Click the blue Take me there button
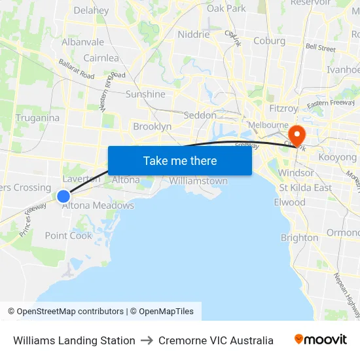coord(180,160)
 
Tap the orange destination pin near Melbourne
coord(297,135)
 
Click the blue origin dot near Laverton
coord(63,196)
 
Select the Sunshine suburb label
coord(145,94)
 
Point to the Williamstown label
coord(198,181)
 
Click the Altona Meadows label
coord(98,206)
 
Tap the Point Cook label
coord(69,236)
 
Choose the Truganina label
coord(37,118)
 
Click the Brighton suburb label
coord(299,238)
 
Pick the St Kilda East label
coord(305,188)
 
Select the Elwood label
coord(289,202)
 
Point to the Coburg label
coord(269,41)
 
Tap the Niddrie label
coord(194,34)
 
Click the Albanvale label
coord(82,42)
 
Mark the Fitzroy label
coord(283,109)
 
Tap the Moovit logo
coord(321,340)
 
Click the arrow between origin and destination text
coord(147,340)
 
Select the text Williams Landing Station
coord(74,340)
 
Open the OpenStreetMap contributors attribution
coord(70,312)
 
